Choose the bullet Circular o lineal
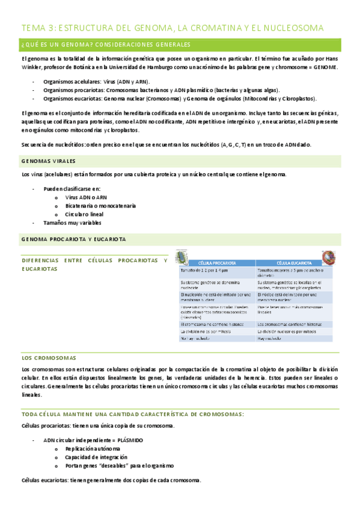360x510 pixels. click(x=85, y=214)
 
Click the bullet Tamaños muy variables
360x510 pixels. click(x=73, y=223)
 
